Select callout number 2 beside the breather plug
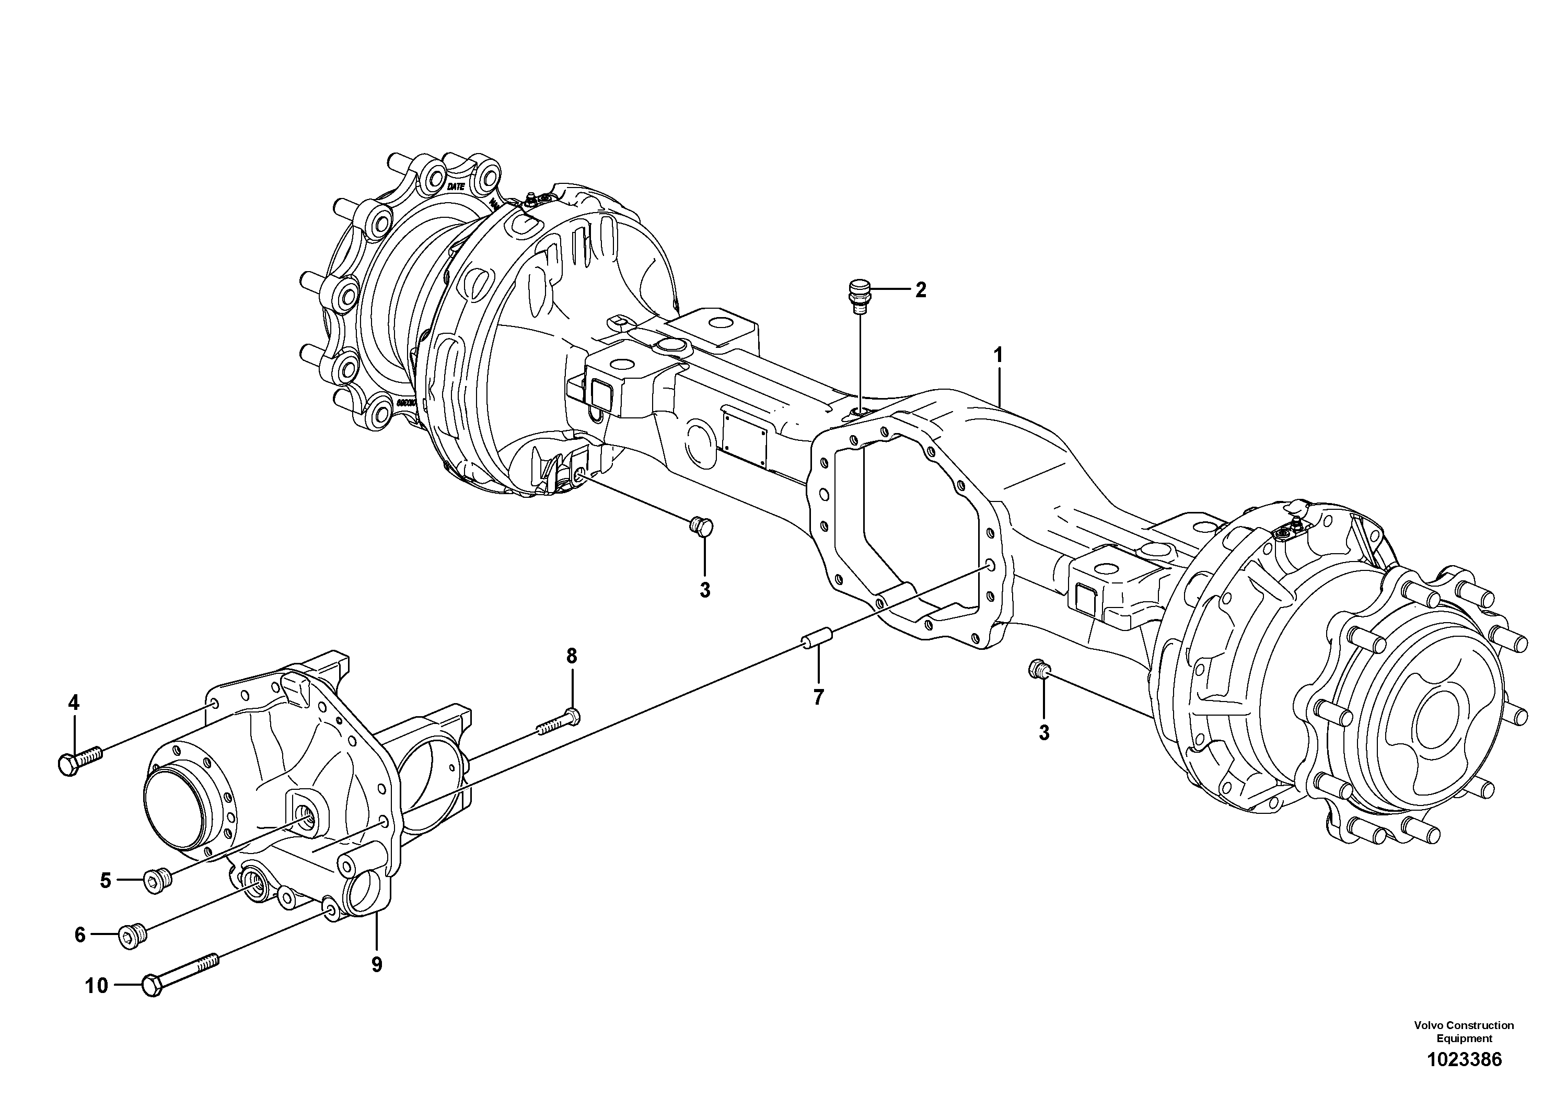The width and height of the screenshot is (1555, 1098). (x=920, y=290)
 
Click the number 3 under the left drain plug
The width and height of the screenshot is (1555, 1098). (x=705, y=590)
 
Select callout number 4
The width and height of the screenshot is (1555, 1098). (x=73, y=703)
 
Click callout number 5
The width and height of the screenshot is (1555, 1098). (x=106, y=880)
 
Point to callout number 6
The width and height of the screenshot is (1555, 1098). (x=80, y=935)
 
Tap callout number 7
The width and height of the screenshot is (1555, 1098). (x=818, y=697)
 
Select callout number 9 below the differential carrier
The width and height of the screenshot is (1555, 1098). (x=377, y=964)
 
